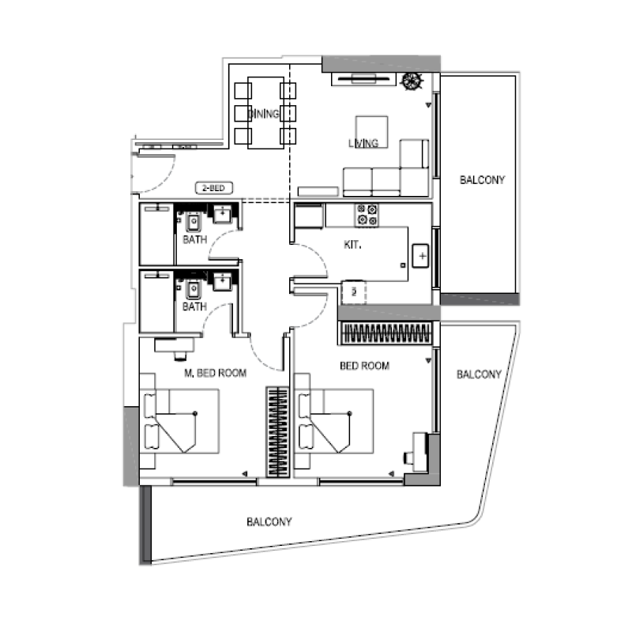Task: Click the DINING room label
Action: pyautogui.click(x=264, y=114)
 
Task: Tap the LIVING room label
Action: pyautogui.click(x=363, y=143)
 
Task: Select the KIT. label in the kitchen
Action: pyautogui.click(x=352, y=246)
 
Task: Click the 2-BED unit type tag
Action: pyautogui.click(x=214, y=189)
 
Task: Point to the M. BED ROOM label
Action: pyautogui.click(x=215, y=372)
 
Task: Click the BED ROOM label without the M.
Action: pyautogui.click(x=364, y=366)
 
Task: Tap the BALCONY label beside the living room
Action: pyautogui.click(x=482, y=180)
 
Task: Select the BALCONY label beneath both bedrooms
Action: pyautogui.click(x=269, y=521)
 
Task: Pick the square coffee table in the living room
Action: pyautogui.click(x=371, y=131)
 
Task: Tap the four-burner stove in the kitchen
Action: pyautogui.click(x=367, y=214)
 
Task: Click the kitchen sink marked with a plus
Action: pyautogui.click(x=422, y=257)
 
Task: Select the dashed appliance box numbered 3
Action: pyautogui.click(x=353, y=292)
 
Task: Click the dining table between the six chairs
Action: pyautogui.click(x=265, y=113)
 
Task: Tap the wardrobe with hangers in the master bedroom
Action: pyautogui.click(x=276, y=431)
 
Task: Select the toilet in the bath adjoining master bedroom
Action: pyautogui.click(x=193, y=288)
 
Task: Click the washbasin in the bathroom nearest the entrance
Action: pyautogui.click(x=224, y=213)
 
